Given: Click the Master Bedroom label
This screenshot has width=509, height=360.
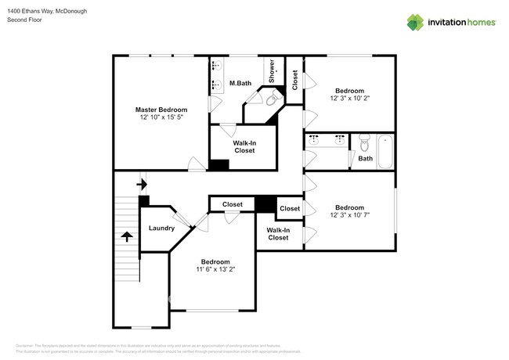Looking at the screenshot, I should tap(161, 110).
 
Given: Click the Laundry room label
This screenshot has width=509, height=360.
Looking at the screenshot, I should tap(161, 229).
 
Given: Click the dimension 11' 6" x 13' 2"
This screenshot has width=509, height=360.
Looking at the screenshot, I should tap(215, 269).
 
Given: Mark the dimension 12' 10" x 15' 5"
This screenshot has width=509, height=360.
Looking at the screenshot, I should tap(161, 118).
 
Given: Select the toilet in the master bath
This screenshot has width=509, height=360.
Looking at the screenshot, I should tap(271, 99).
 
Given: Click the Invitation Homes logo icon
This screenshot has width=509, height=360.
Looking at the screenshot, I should tap(416, 22).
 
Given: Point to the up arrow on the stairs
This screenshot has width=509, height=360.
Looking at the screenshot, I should tap(125, 236).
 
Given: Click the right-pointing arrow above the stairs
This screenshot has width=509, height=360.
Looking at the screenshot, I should tap(142, 185).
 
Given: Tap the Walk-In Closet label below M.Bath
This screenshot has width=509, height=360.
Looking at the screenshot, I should tap(244, 146).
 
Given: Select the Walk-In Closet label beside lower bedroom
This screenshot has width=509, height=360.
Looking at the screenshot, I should tap(278, 233).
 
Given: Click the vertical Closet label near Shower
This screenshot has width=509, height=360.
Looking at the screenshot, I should tap(294, 80).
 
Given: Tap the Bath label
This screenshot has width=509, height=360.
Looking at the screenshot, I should tap(366, 159).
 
